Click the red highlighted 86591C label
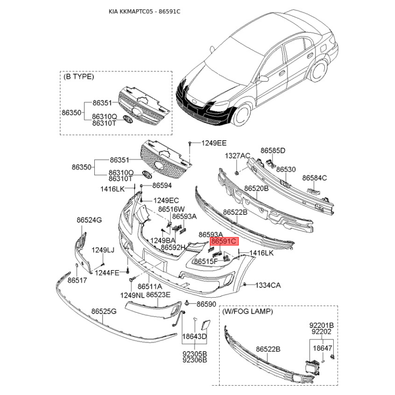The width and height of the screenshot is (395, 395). (224, 241)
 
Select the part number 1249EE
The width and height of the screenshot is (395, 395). (213, 143)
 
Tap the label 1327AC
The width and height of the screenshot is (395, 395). (237, 156)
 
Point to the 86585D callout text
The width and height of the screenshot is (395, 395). (273, 150)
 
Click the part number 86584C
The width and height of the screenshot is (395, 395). (315, 177)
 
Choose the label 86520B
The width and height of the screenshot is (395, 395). (256, 189)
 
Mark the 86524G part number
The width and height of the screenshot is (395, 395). (89, 220)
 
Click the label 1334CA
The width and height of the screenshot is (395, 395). (268, 285)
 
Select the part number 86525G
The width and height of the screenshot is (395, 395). (104, 312)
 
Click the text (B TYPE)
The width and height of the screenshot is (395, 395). (79, 77)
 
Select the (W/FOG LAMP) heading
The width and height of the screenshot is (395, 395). (247, 312)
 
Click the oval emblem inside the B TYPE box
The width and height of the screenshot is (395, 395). (128, 120)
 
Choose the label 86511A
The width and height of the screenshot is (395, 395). (150, 286)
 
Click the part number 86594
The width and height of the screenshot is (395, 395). (161, 186)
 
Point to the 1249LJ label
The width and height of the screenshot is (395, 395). (103, 250)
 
